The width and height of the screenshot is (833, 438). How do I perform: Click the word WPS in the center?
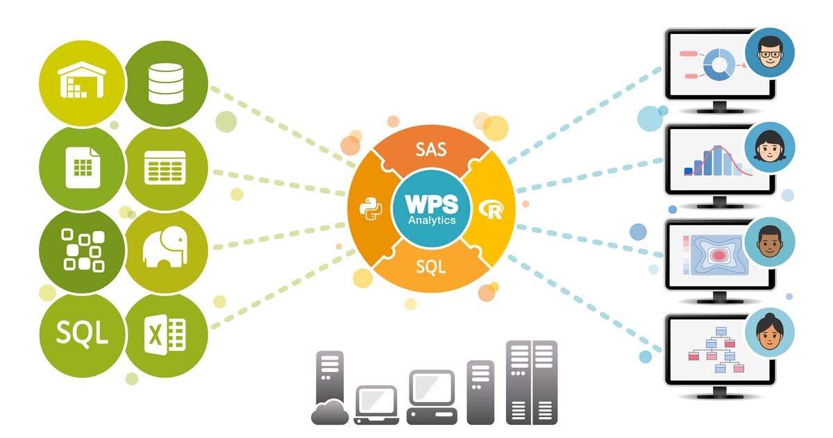coord(430,205)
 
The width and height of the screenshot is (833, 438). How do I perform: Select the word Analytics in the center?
coord(430,220)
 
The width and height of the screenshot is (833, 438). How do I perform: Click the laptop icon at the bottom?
coord(376,403)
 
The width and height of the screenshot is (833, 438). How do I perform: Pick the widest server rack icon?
coord(532,382)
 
